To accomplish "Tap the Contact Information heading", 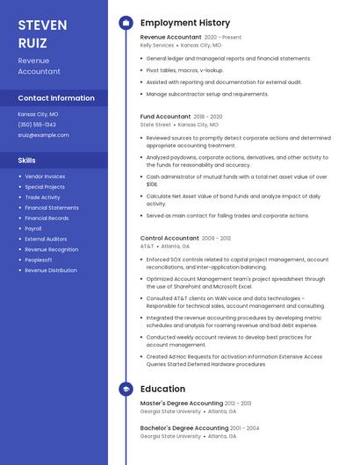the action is point(56,98).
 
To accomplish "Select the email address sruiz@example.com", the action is point(43,135).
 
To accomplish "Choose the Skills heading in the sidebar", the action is point(27,160).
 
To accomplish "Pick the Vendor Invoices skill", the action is point(45,176).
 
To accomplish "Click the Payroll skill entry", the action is point(33,228).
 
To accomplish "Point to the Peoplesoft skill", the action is point(38,260).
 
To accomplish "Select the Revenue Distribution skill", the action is point(50,270).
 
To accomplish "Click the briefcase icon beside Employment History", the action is point(126,23).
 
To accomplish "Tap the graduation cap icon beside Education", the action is point(126,389).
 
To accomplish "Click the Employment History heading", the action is point(185,23).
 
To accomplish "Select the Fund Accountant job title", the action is point(165,116).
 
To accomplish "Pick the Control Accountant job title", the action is point(169,238).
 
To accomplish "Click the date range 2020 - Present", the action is point(223,38).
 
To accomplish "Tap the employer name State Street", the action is point(155,125).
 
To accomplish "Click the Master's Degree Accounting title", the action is point(182,404).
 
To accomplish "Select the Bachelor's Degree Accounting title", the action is point(184,428).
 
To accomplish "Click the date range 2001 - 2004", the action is point(246,428).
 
